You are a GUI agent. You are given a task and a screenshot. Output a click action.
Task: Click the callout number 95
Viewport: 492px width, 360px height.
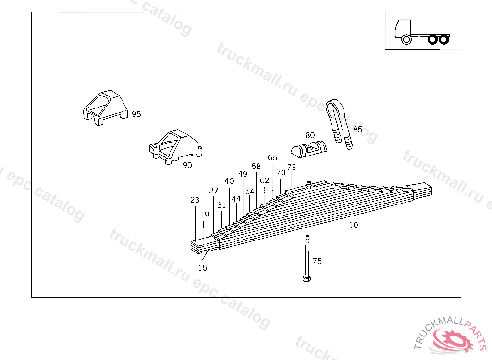[x=136, y=114]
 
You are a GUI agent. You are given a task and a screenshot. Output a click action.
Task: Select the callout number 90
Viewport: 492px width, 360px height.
[x=187, y=165]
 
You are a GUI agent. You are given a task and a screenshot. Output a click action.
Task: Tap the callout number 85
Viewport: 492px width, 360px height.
[x=357, y=129]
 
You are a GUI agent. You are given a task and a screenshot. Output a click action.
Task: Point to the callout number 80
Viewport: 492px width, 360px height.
[x=310, y=135]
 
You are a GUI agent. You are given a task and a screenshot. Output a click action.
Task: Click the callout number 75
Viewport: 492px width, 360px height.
[x=317, y=261]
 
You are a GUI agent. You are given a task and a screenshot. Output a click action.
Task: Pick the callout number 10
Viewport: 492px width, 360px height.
[x=353, y=225]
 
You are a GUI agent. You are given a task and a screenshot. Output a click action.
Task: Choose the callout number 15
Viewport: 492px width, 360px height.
[x=203, y=268]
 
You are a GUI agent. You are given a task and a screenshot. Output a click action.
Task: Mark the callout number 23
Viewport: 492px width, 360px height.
[x=195, y=200]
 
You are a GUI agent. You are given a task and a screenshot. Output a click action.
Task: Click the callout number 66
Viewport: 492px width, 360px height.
[x=272, y=157]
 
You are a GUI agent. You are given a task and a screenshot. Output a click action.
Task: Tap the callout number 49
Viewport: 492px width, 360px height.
[x=243, y=174]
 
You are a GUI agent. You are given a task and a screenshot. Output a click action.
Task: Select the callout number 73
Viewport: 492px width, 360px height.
[x=292, y=167]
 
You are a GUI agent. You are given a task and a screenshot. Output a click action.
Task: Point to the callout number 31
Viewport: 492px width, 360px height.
[x=221, y=205]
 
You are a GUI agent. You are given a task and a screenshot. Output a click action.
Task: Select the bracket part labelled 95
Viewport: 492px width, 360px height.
[x=105, y=108]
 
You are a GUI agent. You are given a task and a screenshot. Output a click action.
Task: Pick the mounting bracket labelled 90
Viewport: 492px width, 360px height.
[x=176, y=147]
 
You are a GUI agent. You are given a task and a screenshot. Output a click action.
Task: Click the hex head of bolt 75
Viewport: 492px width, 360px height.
[x=307, y=278]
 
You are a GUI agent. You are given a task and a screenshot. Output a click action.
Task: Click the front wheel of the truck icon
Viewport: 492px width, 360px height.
[x=406, y=39]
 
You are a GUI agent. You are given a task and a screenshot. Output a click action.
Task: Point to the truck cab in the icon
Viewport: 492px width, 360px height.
[x=403, y=28]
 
